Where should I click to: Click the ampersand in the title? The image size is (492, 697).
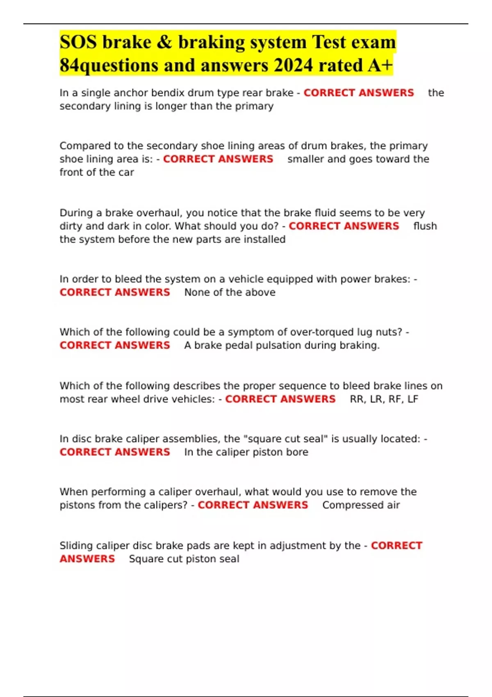coord(164,42)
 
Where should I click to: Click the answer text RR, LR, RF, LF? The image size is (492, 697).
coord(384,399)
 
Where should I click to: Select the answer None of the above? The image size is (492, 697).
coord(230,292)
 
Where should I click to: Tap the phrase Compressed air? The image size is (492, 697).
coord(361,505)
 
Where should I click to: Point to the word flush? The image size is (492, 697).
coord(425,226)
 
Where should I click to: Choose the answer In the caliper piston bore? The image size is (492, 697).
coord(246,452)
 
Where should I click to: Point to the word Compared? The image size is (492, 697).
coord(85,146)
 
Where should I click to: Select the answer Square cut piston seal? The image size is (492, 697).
coord(184,559)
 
